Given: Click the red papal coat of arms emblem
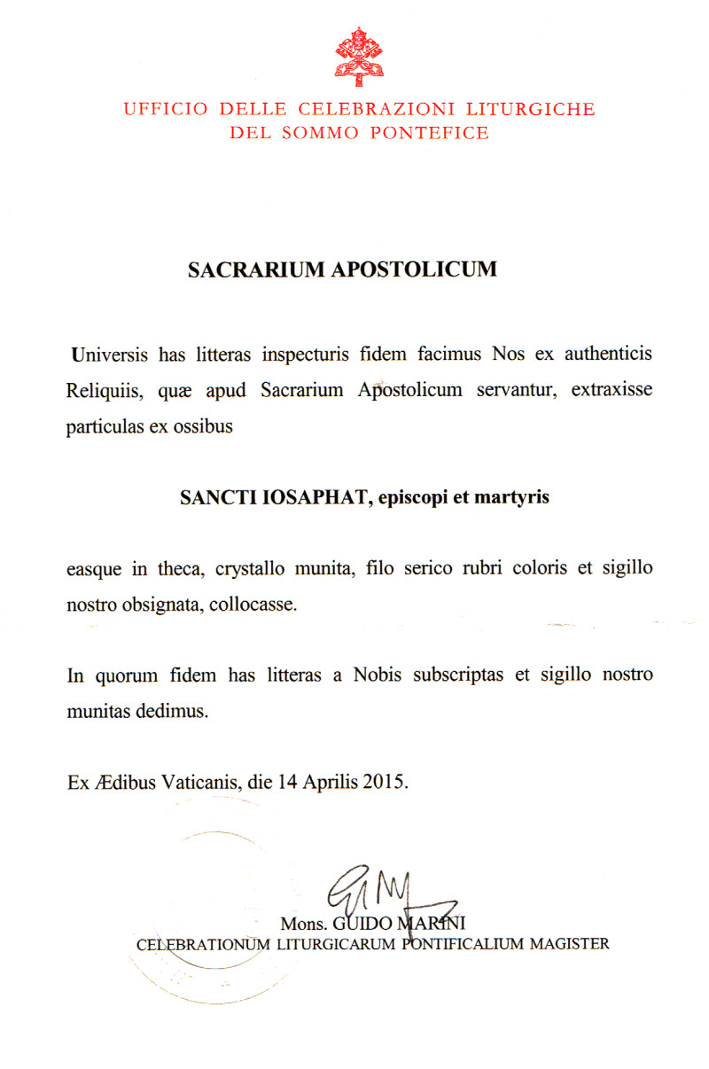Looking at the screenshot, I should (x=359, y=56).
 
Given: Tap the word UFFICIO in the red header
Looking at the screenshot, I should (x=166, y=110).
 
